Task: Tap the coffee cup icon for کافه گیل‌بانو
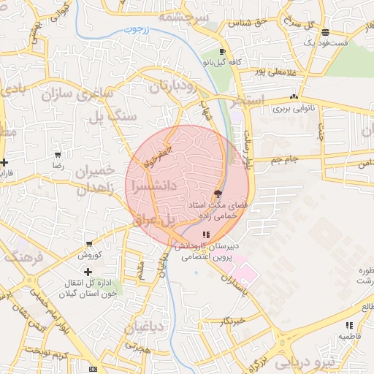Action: tap(222, 52)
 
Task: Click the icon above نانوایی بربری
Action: tap(294, 96)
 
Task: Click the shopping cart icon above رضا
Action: tap(58, 155)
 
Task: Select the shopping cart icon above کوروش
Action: tap(89, 245)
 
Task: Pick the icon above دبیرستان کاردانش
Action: tap(206, 234)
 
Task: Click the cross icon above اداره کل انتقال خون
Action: tap(88, 271)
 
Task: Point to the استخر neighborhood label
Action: tap(246, 102)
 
